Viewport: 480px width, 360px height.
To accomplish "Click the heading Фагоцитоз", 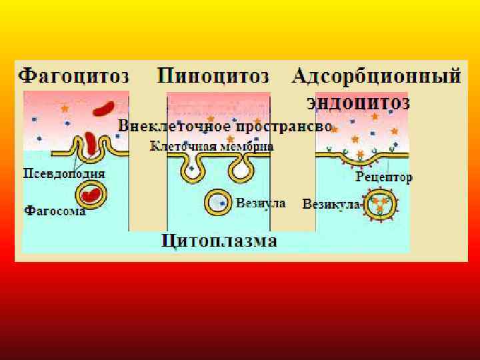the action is pyautogui.click(x=73, y=75).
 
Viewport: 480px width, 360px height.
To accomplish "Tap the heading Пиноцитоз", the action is pyautogui.click(x=213, y=75).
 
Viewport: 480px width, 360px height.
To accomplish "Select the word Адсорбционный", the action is pyautogui.click(x=377, y=75).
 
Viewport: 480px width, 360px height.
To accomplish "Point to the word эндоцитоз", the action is pyautogui.click(x=358, y=103).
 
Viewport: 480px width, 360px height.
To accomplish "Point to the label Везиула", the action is pyautogui.click(x=261, y=203).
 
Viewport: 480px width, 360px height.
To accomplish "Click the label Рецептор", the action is pyautogui.click(x=384, y=177).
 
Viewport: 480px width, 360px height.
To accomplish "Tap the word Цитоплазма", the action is pyautogui.click(x=219, y=240).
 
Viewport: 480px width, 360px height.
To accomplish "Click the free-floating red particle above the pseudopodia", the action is pyautogui.click(x=103, y=109).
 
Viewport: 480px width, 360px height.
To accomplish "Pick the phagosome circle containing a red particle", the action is pyautogui.click(x=92, y=195).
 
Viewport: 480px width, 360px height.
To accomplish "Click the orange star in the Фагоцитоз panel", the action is pyautogui.click(x=65, y=107).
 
